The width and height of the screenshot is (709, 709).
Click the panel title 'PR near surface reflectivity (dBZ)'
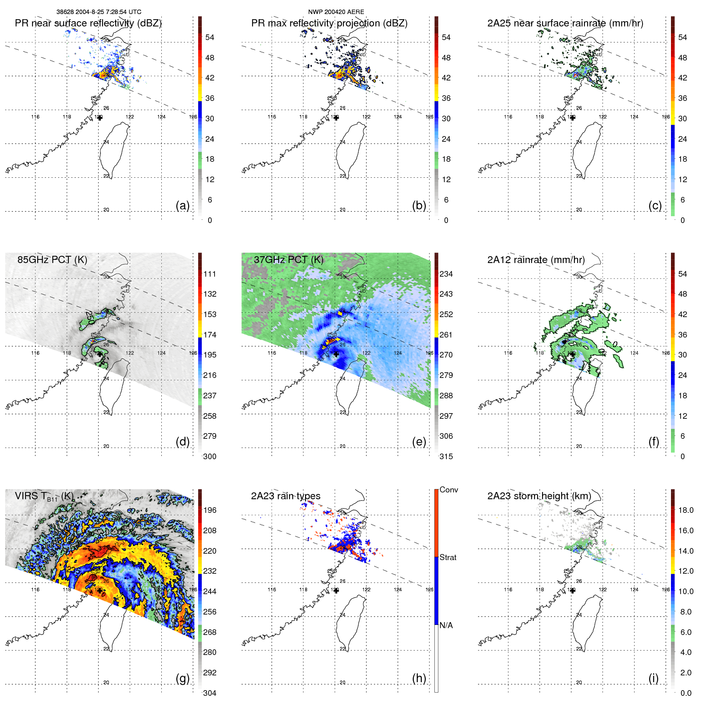point(88,23)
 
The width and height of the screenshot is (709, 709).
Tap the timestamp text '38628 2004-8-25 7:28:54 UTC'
point(99,12)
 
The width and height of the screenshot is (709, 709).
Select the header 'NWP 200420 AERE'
point(336,12)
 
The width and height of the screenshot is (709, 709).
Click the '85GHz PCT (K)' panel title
point(52,259)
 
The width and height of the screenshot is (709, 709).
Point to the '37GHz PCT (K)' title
point(288,259)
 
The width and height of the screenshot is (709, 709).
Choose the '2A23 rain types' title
point(285,496)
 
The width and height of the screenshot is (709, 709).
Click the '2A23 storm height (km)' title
point(539,496)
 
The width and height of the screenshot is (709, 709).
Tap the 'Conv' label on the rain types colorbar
point(448,490)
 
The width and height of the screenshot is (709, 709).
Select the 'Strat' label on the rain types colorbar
point(448,557)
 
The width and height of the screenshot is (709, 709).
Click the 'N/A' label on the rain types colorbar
point(446,625)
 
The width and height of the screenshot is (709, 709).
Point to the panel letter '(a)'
point(183,205)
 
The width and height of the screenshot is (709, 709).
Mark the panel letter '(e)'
point(419,442)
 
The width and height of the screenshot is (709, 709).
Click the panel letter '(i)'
point(653,678)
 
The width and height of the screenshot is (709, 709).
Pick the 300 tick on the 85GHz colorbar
point(209,456)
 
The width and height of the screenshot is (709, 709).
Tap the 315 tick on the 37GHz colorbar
point(446,456)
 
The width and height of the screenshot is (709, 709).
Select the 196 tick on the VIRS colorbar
point(209,510)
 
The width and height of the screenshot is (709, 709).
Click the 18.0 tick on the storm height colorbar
point(685,510)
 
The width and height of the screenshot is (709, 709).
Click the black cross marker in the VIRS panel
point(100,590)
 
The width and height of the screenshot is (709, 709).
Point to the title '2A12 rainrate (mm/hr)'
point(536,259)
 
